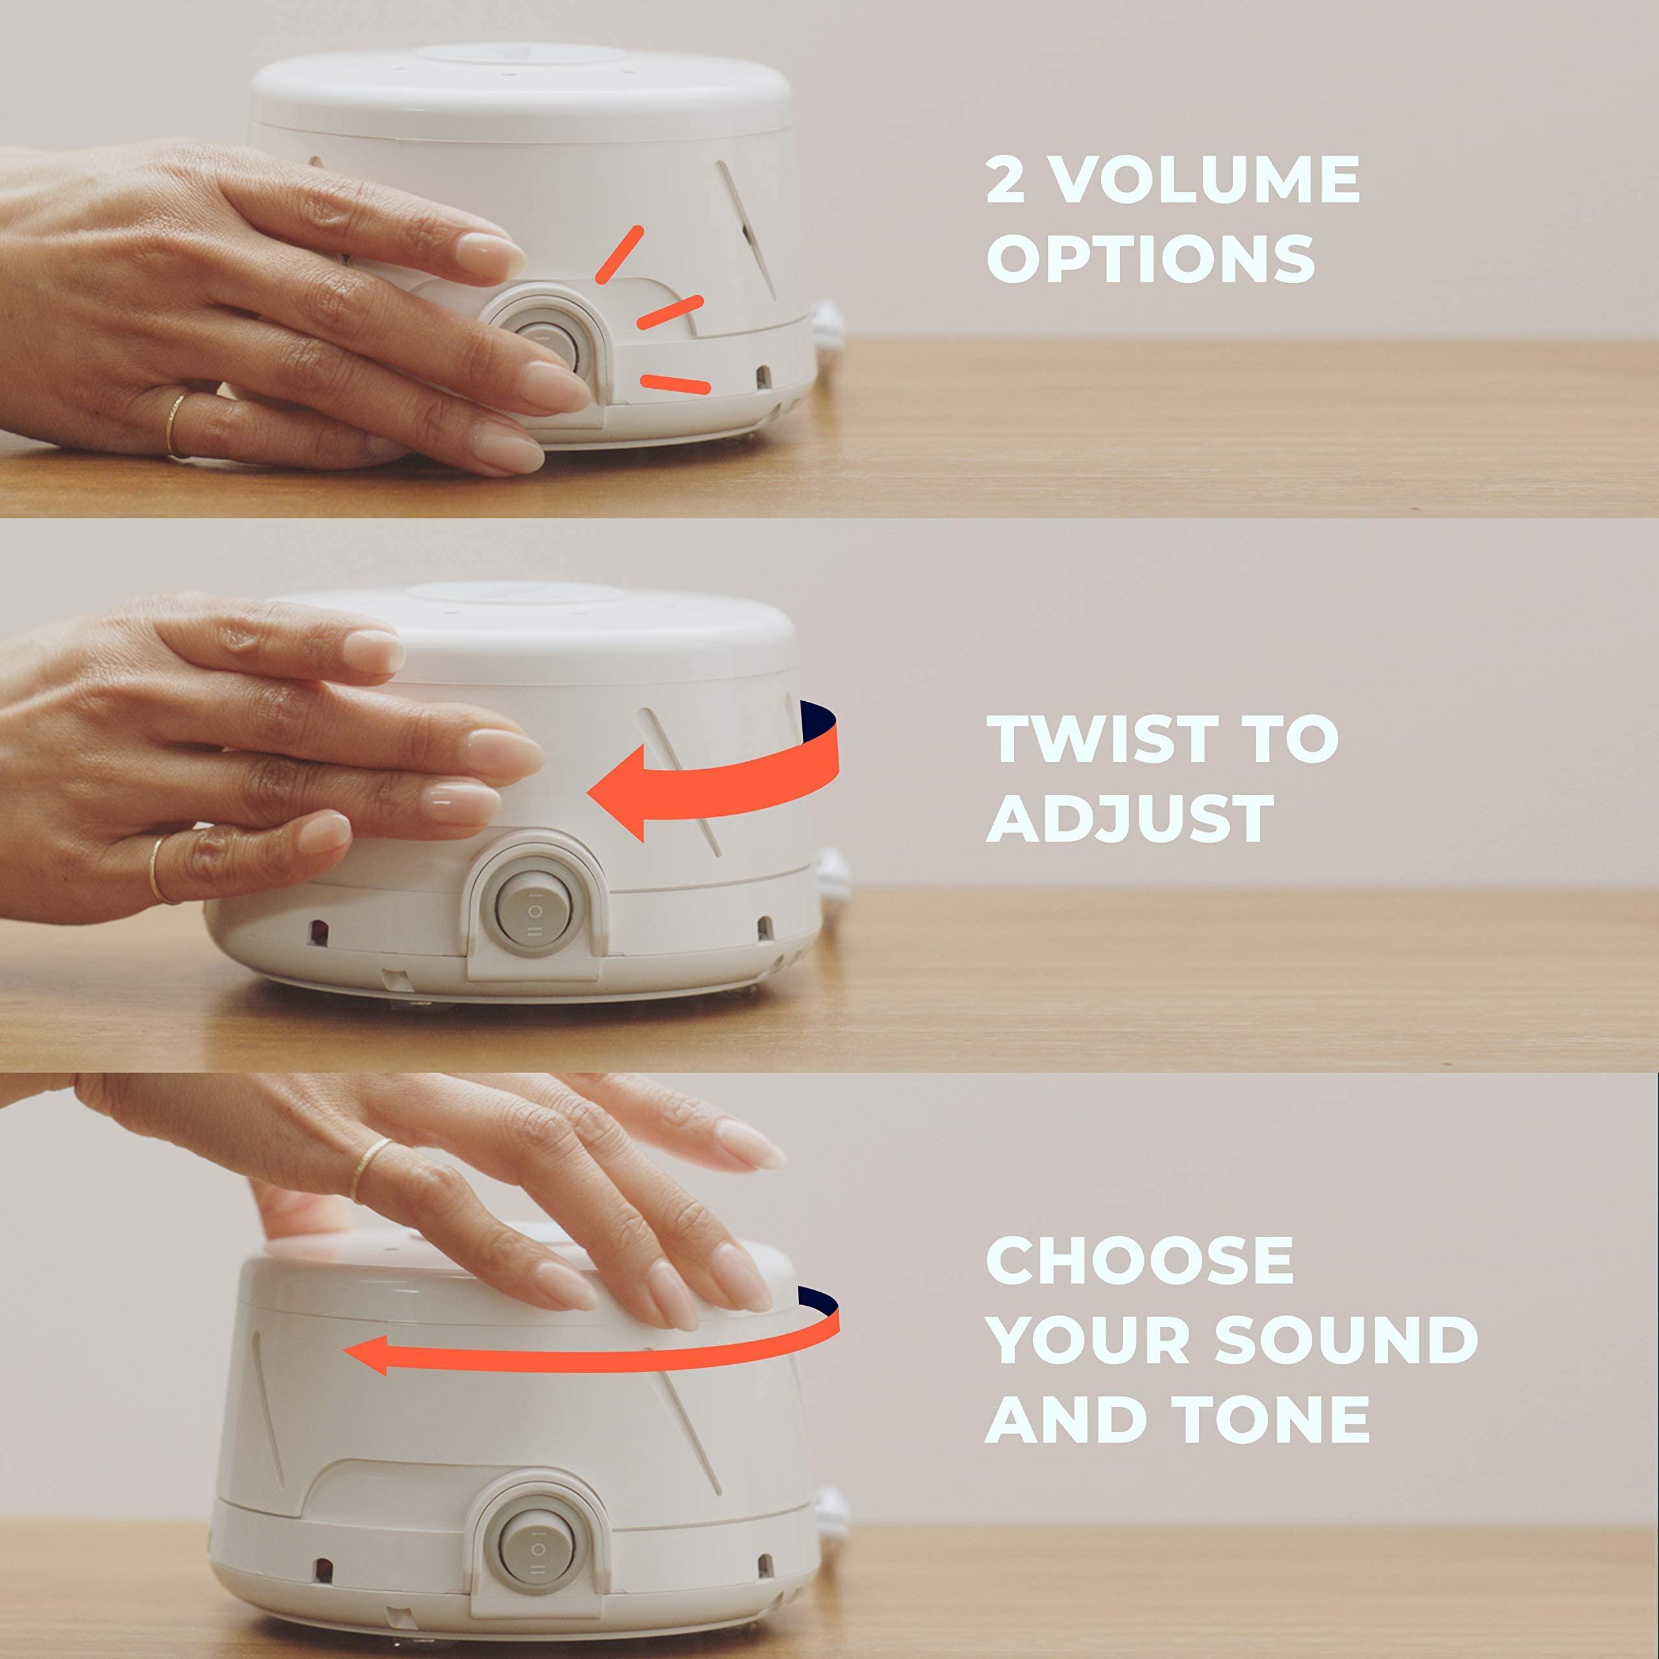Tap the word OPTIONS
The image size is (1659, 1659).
click(1151, 259)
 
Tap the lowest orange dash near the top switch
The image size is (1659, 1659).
click(677, 384)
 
